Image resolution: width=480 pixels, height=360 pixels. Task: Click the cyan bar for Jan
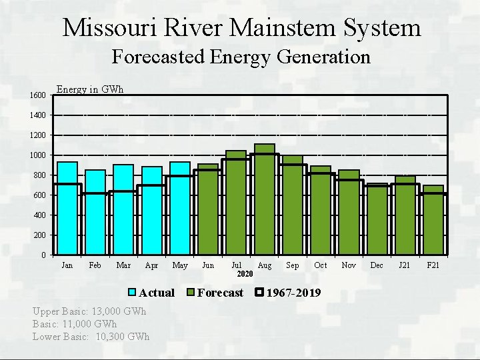[67, 208]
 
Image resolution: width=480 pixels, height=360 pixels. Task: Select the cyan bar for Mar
[123, 209]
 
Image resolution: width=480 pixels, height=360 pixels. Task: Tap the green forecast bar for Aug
[265, 199]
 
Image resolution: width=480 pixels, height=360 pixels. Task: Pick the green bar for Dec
[377, 219]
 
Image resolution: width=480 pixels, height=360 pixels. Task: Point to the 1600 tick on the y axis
[37, 95]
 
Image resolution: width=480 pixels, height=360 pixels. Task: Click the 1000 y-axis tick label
[37, 155]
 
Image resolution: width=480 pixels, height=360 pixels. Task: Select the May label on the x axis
[180, 265]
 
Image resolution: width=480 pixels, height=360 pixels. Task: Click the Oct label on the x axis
[321, 265]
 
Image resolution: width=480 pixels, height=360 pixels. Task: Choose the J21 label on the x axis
[405, 265]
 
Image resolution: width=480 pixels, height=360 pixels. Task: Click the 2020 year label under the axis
[245, 274]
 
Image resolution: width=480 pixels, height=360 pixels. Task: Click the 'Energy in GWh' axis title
[90, 89]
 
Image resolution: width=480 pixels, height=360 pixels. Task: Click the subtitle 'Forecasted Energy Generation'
[241, 57]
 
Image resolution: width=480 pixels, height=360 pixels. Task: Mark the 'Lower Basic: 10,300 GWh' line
[91, 336]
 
